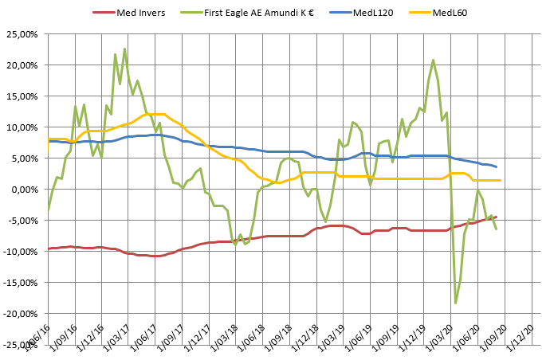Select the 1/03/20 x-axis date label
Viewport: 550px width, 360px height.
[441, 335]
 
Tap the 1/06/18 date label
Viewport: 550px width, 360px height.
[253, 335]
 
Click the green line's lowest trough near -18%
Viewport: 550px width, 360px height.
[455, 303]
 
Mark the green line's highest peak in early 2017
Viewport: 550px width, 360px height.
[125, 49]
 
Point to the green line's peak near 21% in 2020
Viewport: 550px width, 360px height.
[433, 60]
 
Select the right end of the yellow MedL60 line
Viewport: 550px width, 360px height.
[500, 180]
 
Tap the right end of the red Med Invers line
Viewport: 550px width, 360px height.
[497, 217]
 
